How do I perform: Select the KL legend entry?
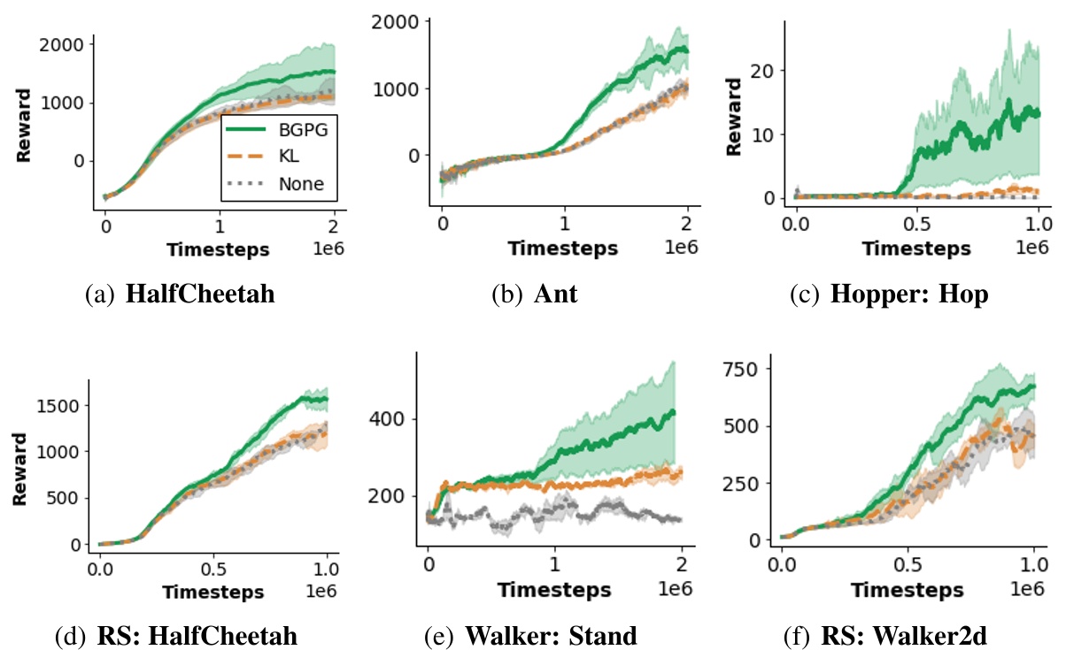(287, 157)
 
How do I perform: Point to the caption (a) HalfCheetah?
(180, 294)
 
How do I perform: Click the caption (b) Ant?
(534, 294)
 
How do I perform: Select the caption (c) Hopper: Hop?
(888, 294)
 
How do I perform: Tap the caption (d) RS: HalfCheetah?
(180, 635)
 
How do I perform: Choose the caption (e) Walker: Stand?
(534, 635)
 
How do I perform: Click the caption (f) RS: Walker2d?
(888, 635)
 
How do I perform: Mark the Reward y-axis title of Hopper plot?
(732, 121)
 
